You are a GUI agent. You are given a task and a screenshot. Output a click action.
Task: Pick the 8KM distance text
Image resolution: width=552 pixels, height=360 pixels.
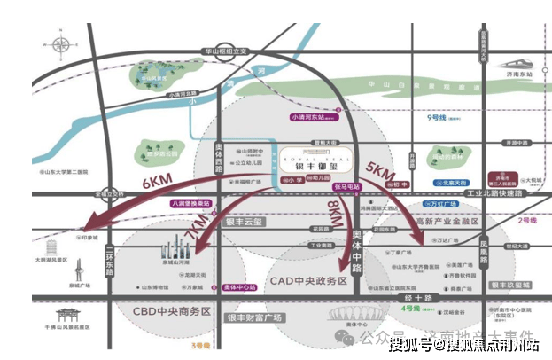tap(334, 214)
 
